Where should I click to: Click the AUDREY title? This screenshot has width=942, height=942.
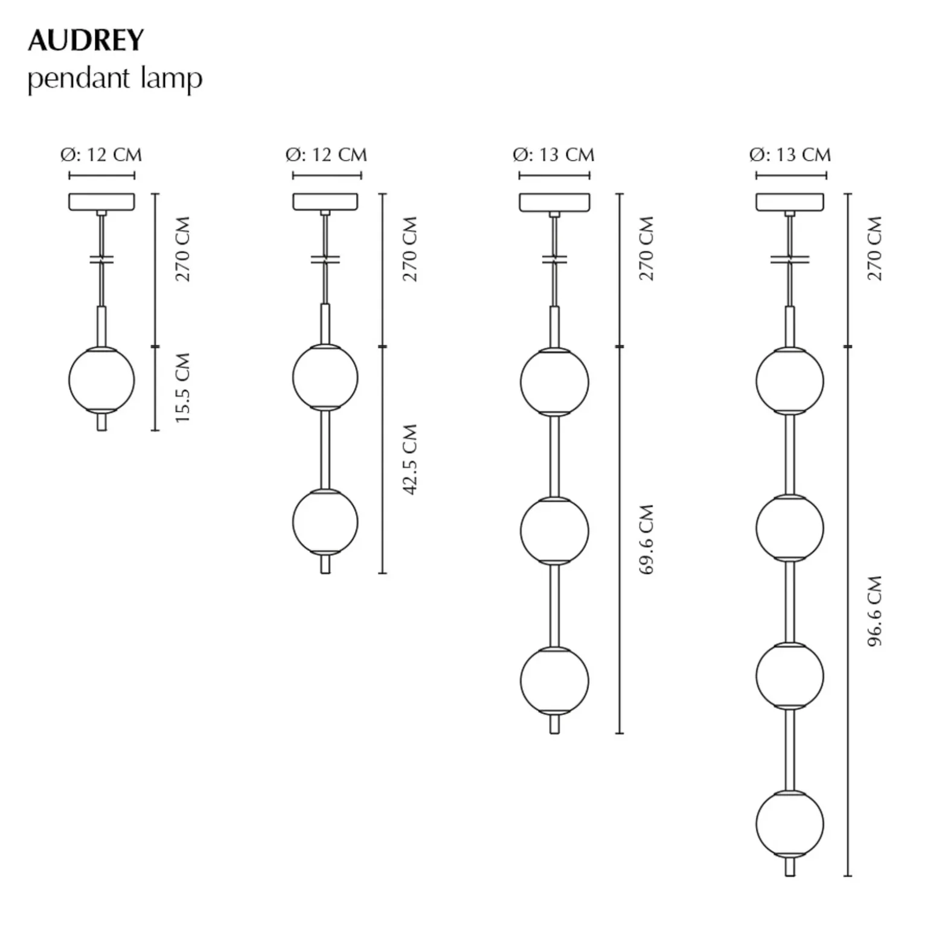(x=86, y=40)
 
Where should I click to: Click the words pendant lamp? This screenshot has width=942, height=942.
(x=115, y=79)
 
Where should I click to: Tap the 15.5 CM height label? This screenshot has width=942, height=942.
(x=182, y=387)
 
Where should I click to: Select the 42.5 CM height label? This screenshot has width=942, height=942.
(x=410, y=459)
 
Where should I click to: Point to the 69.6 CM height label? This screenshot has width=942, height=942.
(x=646, y=539)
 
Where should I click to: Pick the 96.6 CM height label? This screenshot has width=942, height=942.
(x=874, y=611)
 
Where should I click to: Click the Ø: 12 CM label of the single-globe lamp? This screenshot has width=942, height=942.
(x=101, y=155)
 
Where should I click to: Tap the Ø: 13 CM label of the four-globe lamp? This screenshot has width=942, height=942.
(x=790, y=155)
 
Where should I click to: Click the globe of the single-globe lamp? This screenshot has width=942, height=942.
(x=101, y=380)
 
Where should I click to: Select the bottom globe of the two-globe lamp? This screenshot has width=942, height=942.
(x=325, y=521)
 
